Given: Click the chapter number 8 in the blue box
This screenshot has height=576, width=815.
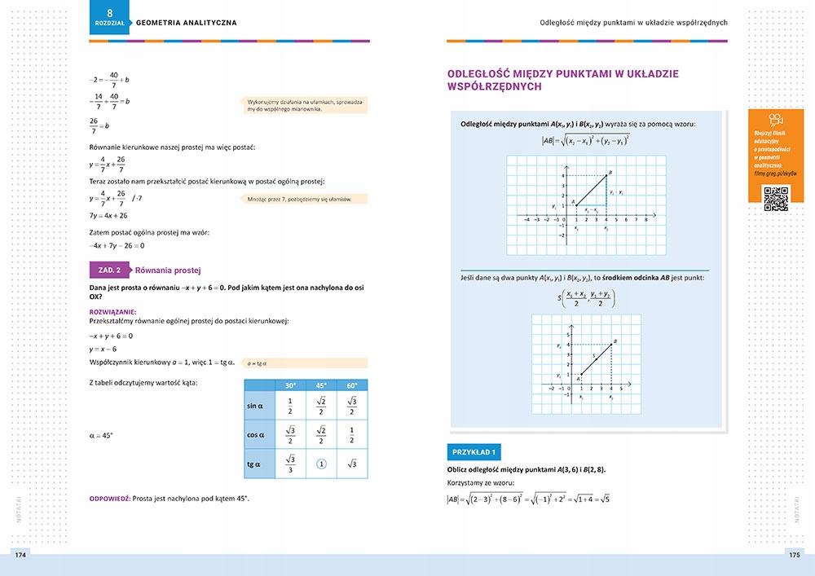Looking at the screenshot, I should pyautogui.click(x=111, y=11).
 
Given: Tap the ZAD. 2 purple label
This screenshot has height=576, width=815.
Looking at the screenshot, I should pyautogui.click(x=108, y=270).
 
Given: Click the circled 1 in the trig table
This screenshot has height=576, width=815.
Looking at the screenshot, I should pyautogui.click(x=321, y=464).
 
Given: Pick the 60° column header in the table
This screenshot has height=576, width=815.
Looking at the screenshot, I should pyautogui.click(x=352, y=385).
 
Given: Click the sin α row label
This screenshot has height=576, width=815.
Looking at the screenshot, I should pyautogui.click(x=254, y=406).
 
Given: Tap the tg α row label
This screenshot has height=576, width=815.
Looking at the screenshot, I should pyautogui.click(x=253, y=464).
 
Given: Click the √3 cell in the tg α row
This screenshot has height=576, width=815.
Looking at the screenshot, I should pyautogui.click(x=352, y=464).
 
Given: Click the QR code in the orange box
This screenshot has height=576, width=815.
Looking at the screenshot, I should pyautogui.click(x=775, y=199).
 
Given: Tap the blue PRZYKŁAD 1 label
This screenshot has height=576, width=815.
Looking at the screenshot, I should pyautogui.click(x=477, y=451).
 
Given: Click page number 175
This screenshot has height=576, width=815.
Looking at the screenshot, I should pyautogui.click(x=794, y=555).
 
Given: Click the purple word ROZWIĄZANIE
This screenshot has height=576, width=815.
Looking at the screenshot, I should pyautogui.click(x=112, y=311).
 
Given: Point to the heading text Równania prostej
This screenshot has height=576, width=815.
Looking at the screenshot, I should pyautogui.click(x=168, y=270).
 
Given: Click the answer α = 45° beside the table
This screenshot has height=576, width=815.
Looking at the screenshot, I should pyautogui.click(x=101, y=436).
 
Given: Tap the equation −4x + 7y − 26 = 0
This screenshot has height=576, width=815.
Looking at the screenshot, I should pyautogui.click(x=117, y=245).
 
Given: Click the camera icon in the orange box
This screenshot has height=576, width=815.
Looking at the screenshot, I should pyautogui.click(x=775, y=120).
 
